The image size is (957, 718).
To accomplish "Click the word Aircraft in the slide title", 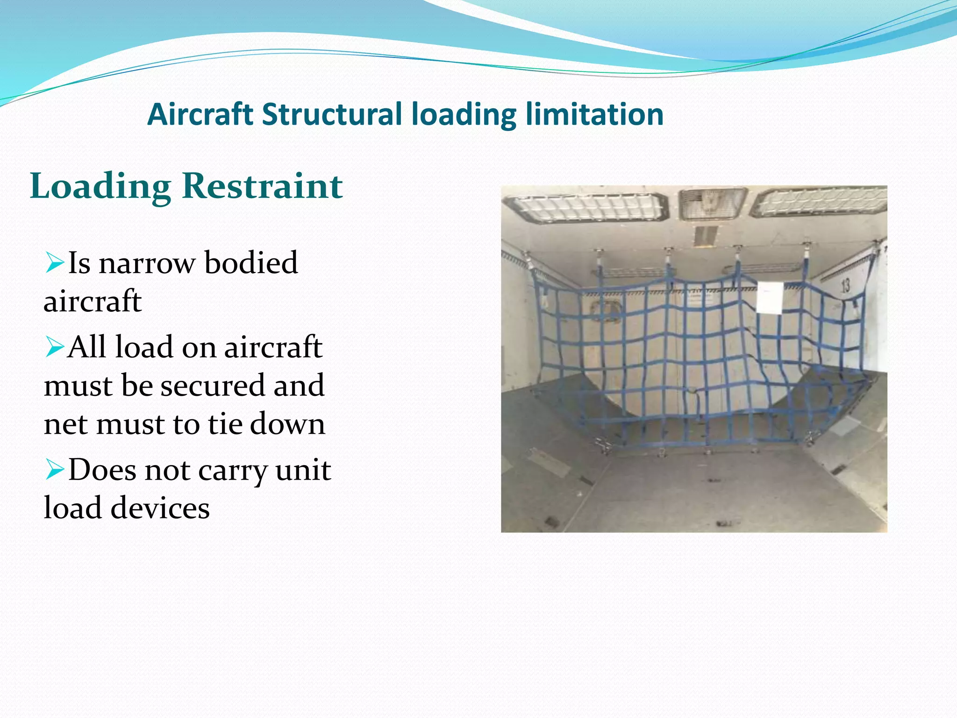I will point(200,115).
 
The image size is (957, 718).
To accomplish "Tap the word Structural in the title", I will point(332,115).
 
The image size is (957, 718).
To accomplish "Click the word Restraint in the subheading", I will point(263,186).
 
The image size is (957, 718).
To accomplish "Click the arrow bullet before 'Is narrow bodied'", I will point(55,263).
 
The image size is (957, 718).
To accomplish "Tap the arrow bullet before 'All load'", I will point(55,347).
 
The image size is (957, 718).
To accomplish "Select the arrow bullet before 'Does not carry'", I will point(55,470).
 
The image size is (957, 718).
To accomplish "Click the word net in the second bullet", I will point(66,424).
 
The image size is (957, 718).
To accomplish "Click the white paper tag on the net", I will point(769,298).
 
